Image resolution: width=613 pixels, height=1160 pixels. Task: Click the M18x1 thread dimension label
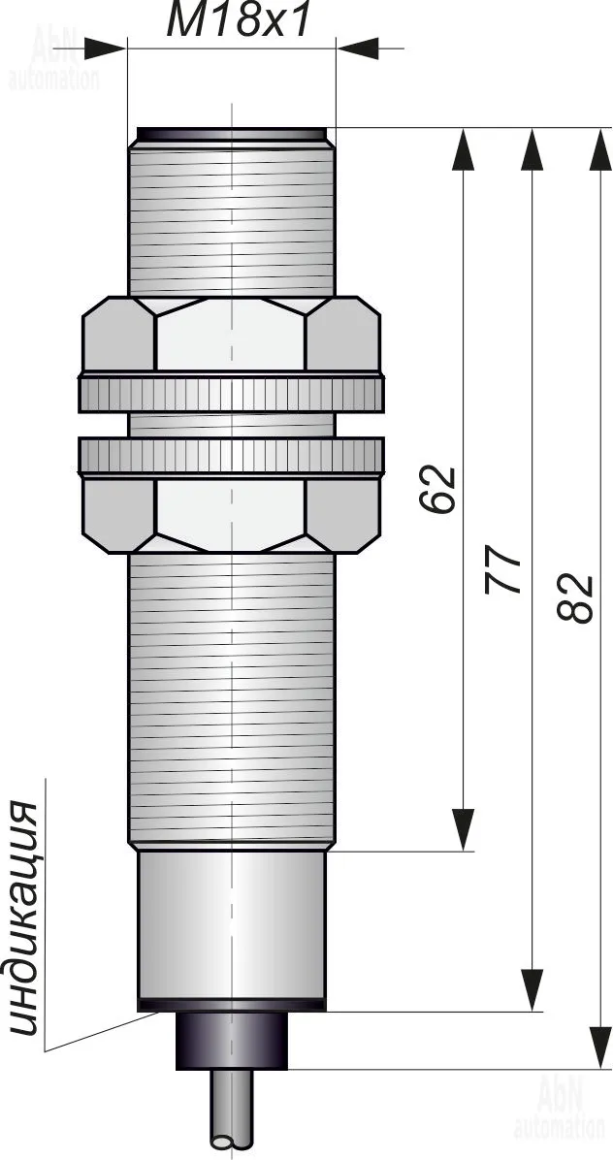[237, 20]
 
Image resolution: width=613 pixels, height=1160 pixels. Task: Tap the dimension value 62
[437, 489]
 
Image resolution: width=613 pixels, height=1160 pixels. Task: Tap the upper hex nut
[232, 334]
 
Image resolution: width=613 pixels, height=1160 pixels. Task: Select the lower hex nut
[232, 516]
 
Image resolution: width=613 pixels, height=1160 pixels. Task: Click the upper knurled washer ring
[232, 393]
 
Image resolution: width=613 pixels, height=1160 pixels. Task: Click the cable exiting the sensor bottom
[232, 1114]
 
